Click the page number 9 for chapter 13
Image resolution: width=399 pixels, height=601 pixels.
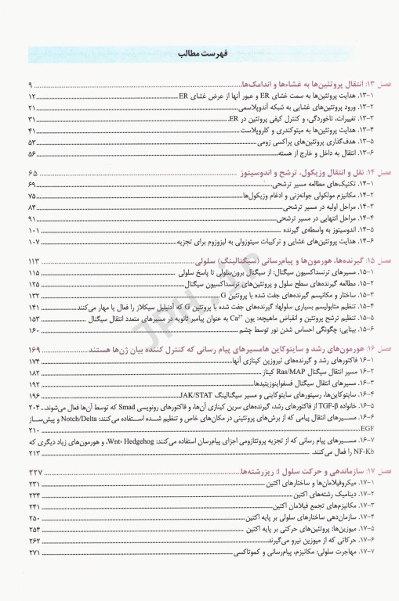[31, 84]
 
